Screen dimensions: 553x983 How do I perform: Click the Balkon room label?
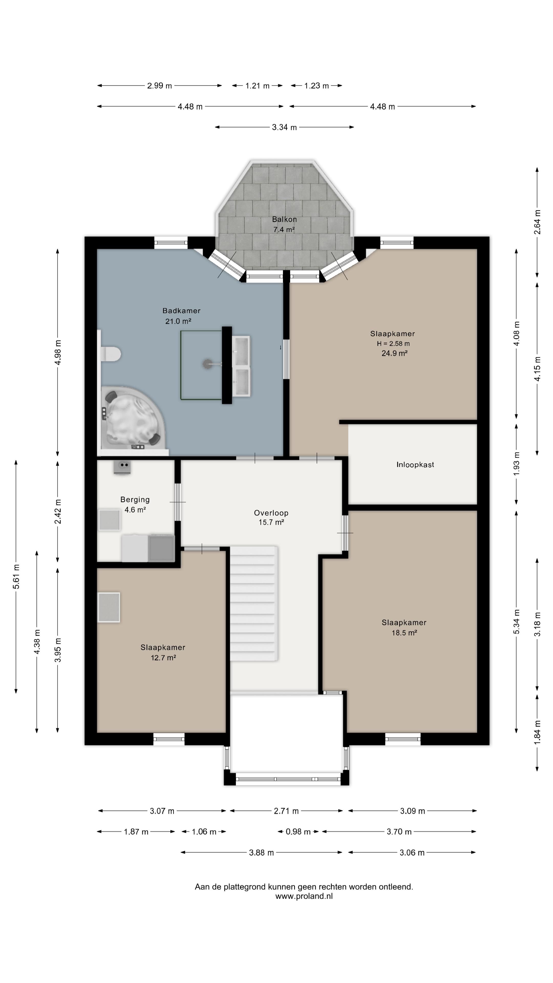pos(284,219)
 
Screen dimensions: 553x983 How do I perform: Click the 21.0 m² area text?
pos(178,321)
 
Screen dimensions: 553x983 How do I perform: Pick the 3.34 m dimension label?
pos(284,127)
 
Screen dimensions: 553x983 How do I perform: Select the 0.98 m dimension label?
pos(298,831)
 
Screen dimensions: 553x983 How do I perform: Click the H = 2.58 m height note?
pos(394,344)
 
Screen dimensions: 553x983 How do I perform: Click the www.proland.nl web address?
pos(304,896)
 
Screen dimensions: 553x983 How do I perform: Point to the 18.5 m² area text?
pos(405,633)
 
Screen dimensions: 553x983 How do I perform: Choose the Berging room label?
pos(135,499)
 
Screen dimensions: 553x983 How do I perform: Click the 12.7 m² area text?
pos(163,657)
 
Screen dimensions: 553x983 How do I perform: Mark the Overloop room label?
pos(271,513)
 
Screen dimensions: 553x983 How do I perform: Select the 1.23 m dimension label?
pos(316,86)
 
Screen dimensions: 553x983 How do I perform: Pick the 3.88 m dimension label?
pos(261,852)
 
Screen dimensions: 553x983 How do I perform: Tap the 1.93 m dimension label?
pos(516,464)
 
